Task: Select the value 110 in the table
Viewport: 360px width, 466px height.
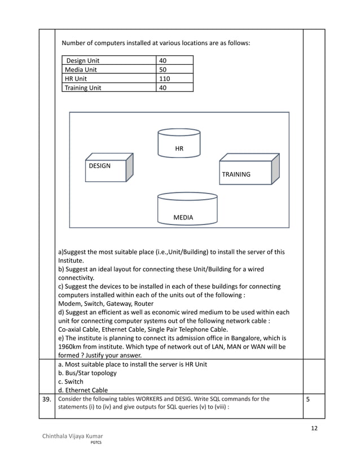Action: [164, 78]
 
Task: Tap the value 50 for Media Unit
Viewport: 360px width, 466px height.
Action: [163, 69]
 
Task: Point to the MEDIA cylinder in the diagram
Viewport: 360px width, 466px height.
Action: [187, 210]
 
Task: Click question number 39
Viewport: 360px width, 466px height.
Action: [47, 398]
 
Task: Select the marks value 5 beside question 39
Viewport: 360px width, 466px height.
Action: [308, 398]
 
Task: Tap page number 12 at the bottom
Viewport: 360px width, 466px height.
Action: [314, 428]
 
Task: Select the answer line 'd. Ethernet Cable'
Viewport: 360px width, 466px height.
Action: [83, 390]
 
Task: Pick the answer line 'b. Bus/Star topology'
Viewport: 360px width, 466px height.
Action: [87, 373]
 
